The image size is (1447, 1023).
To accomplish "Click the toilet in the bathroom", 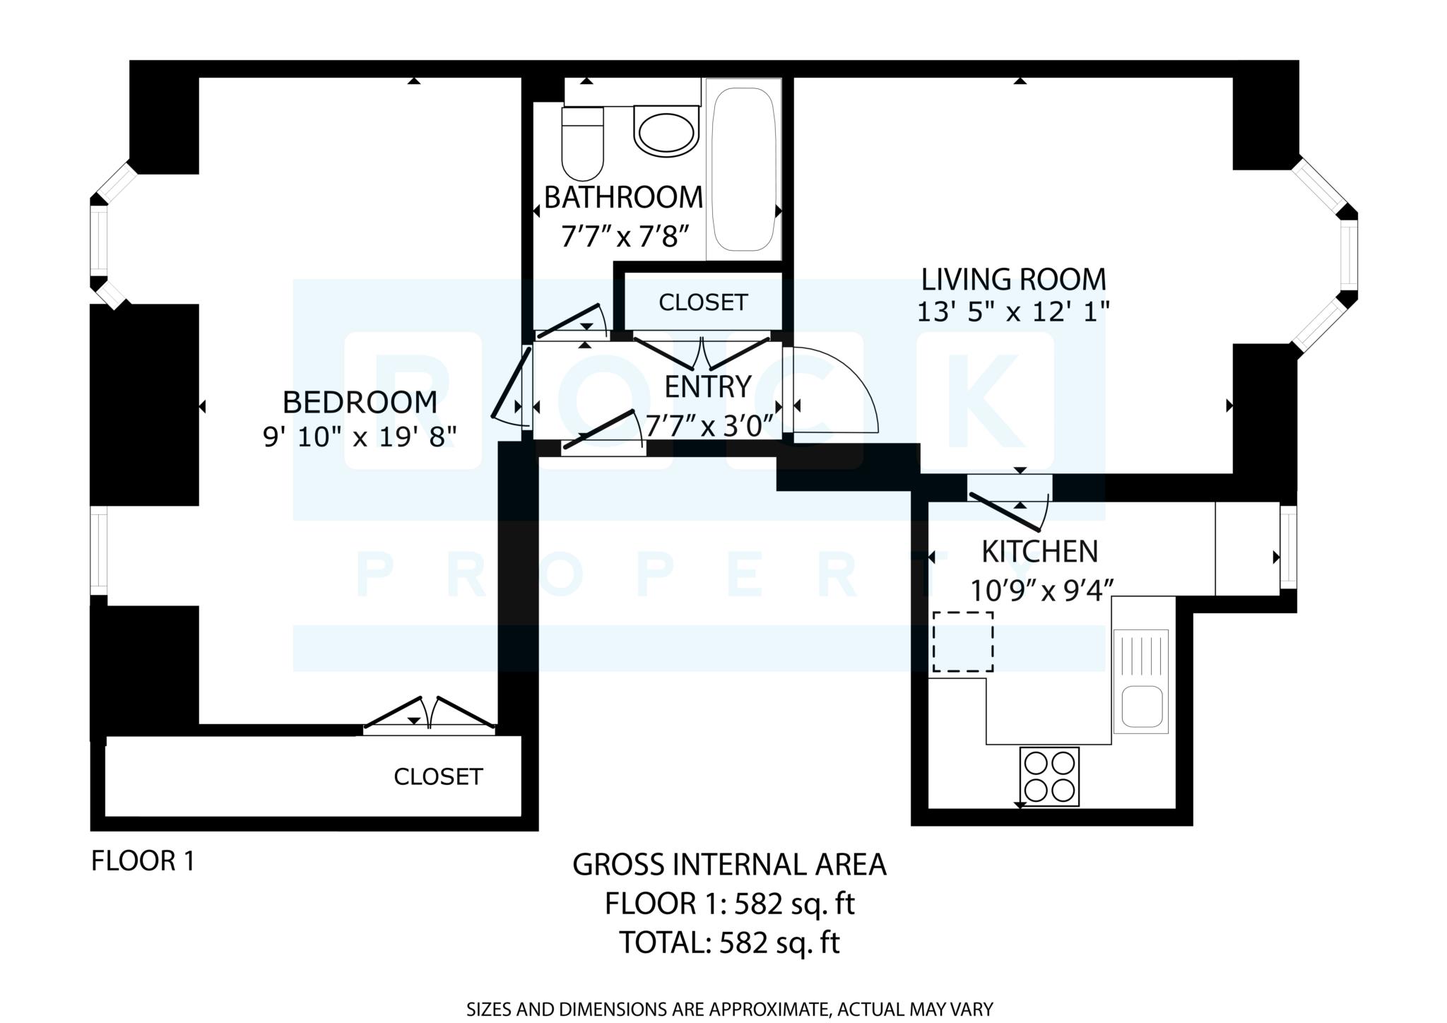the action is [582, 143].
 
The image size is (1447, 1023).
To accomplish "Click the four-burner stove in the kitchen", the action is [1049, 776].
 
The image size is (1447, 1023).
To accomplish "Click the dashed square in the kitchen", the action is [963, 641].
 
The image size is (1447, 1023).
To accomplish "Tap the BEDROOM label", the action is [360, 402].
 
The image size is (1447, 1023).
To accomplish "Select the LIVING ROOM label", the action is [1014, 279].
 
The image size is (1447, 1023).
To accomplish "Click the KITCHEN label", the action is [1040, 551].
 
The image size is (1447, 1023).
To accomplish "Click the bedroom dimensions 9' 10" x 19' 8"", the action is [360, 437].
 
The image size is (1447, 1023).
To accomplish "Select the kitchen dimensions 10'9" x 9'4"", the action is [1042, 590].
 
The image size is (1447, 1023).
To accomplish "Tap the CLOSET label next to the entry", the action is [703, 302].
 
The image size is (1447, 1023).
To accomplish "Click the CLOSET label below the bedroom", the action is [438, 777].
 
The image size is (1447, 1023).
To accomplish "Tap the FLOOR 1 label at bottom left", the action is [143, 861].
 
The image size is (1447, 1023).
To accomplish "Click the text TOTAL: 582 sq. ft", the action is [729, 942].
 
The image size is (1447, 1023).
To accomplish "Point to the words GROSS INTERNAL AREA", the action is [729, 865].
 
